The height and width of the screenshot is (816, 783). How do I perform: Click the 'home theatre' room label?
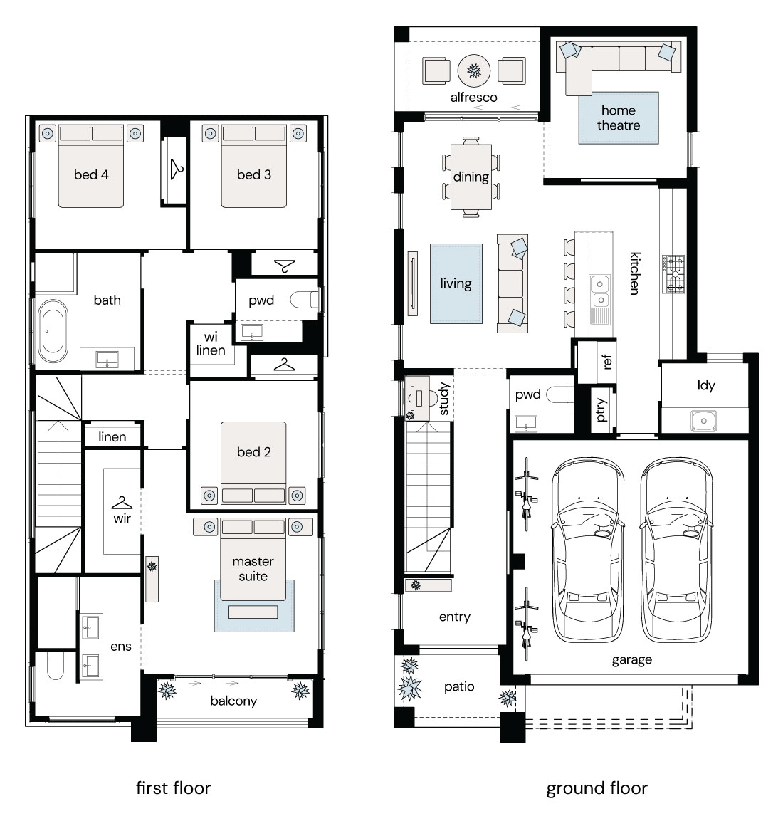click(x=618, y=117)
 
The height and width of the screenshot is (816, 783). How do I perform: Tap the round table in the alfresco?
click(x=474, y=70)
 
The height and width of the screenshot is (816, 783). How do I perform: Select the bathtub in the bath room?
click(x=53, y=331)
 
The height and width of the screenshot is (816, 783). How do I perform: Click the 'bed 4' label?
click(x=91, y=175)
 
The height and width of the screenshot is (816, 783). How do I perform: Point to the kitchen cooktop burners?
click(x=673, y=273)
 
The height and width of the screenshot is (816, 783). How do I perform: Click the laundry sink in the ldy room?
click(x=703, y=421)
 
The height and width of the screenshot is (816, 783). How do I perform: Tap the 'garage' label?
click(x=631, y=660)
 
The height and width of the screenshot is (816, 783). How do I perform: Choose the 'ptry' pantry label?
click(x=601, y=409)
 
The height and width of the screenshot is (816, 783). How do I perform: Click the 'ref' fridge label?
click(x=606, y=362)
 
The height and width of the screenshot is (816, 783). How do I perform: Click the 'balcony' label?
click(x=233, y=701)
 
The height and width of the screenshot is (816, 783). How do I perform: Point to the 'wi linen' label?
click(x=211, y=343)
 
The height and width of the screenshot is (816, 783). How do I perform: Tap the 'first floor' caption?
click(x=173, y=788)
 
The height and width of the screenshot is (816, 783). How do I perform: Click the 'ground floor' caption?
click(x=597, y=788)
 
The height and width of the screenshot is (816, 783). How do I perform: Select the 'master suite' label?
click(x=253, y=569)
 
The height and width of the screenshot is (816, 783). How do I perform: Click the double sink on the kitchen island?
click(x=600, y=292)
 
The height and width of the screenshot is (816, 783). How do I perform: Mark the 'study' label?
click(x=443, y=399)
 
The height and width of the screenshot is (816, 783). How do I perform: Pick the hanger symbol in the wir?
click(x=122, y=503)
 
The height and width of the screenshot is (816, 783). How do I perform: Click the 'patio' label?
click(x=459, y=687)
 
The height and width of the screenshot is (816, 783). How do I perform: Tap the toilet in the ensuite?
click(x=55, y=666)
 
